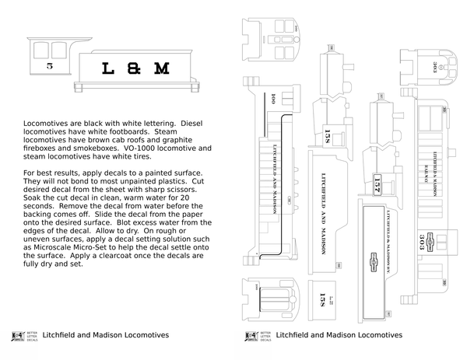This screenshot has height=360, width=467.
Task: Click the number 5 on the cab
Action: [x=50, y=67]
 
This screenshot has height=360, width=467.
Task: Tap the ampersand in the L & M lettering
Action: [x=132, y=68]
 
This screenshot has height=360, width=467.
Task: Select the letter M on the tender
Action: [x=161, y=68]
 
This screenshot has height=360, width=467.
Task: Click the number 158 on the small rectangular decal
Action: [x=323, y=299]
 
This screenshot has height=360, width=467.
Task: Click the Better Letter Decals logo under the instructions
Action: [x=15, y=336]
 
